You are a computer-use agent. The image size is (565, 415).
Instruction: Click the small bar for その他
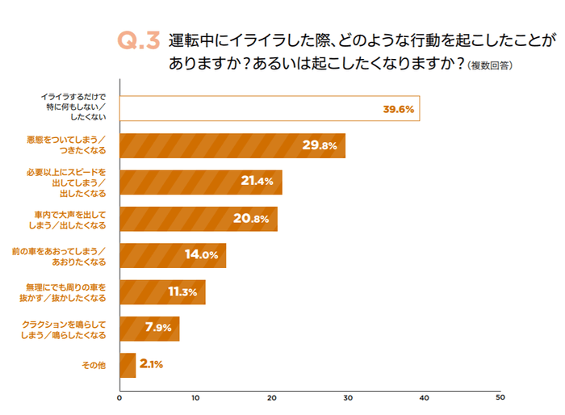127,365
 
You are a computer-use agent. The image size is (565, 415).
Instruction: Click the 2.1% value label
151,365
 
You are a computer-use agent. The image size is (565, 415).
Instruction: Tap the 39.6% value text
398,109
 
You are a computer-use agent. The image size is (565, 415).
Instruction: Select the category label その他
94,365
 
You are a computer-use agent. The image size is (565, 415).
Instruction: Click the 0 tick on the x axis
119,397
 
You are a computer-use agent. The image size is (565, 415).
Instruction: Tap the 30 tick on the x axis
348,397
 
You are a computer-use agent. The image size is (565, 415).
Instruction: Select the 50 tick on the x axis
500,397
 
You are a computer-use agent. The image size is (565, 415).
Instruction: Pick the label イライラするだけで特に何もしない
73,107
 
